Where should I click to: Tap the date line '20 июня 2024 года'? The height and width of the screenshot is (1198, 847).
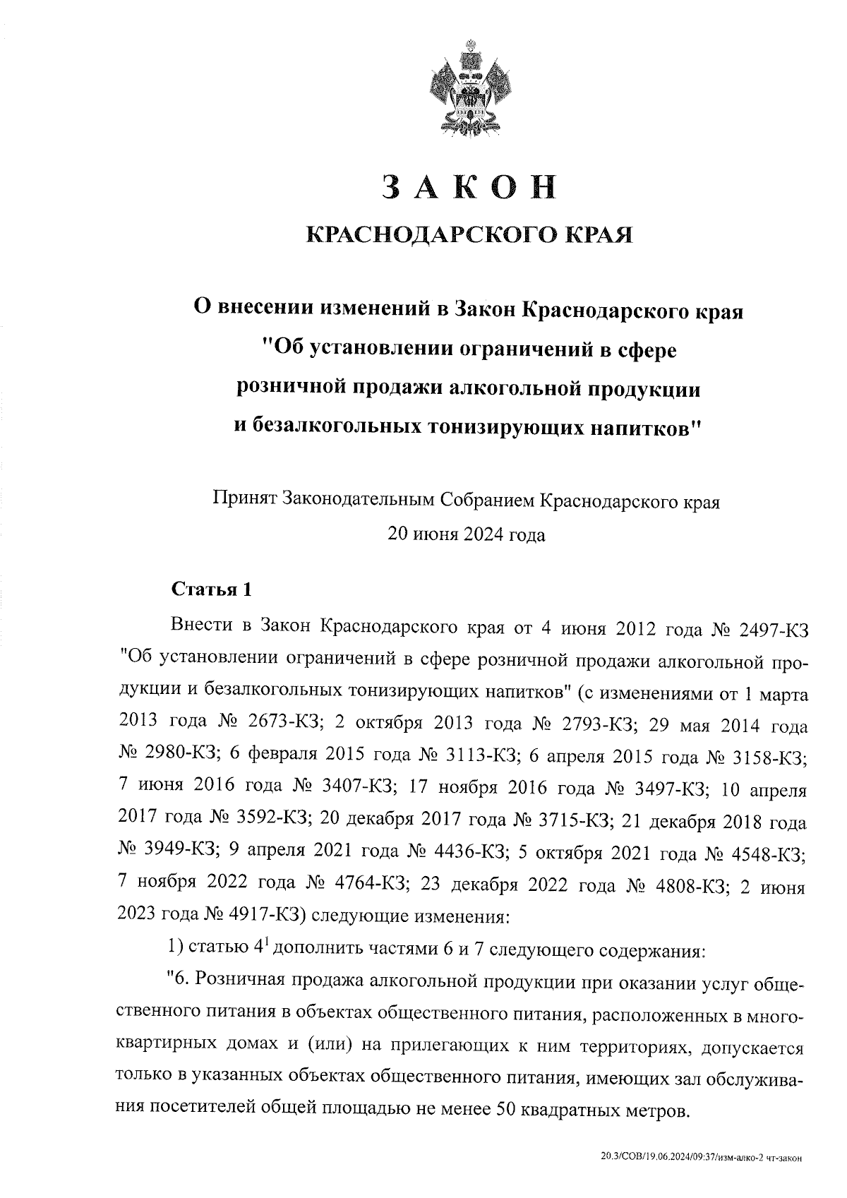pos(467,534)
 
